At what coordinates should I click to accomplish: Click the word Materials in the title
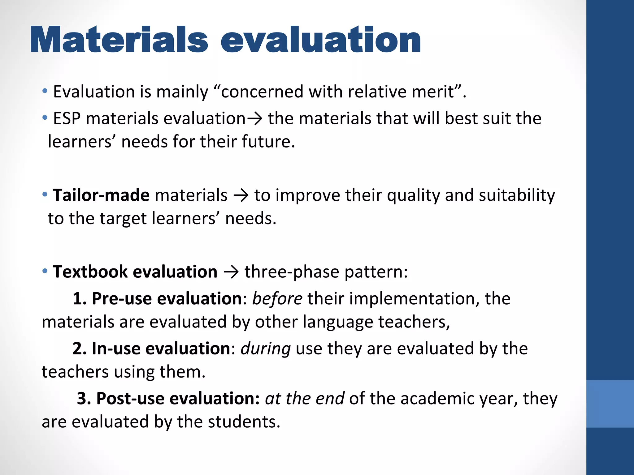pos(119,40)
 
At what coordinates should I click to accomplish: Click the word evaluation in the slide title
pos(320,40)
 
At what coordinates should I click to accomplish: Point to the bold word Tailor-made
pos(101,195)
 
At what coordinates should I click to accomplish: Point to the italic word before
pos(277,299)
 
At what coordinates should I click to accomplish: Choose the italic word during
pos(266,349)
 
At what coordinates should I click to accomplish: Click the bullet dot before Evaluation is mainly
pos(45,91)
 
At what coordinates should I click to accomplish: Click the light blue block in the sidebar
pos(610,404)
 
